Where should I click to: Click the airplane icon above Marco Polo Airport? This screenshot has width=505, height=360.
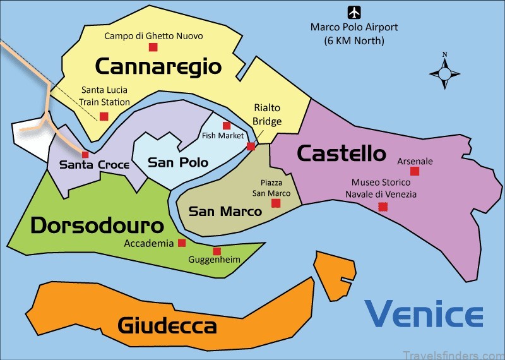[x=353, y=12]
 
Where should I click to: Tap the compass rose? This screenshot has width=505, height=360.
[x=444, y=74]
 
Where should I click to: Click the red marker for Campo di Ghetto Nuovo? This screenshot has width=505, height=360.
[x=153, y=47]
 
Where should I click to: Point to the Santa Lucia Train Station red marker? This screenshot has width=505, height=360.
[x=104, y=116]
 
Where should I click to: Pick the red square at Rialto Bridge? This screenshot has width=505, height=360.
[x=251, y=147]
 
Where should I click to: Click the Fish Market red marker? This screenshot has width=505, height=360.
[x=227, y=126]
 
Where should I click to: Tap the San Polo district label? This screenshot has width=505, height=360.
[x=178, y=162]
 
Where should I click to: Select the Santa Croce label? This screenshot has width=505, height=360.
[x=94, y=165]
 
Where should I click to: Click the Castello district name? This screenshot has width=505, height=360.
[x=341, y=153]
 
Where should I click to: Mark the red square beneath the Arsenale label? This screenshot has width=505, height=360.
[x=414, y=171]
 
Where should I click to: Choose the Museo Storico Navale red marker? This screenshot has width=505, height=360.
[x=383, y=207]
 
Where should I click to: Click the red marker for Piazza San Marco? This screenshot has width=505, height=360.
[x=275, y=203]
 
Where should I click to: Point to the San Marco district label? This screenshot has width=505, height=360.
[x=225, y=212]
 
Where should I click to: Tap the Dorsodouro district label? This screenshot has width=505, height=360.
[x=97, y=225]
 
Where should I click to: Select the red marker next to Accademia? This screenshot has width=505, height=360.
[x=182, y=243]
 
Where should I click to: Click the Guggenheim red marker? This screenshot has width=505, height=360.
[x=217, y=251]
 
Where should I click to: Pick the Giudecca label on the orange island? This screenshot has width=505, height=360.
[x=167, y=326]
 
